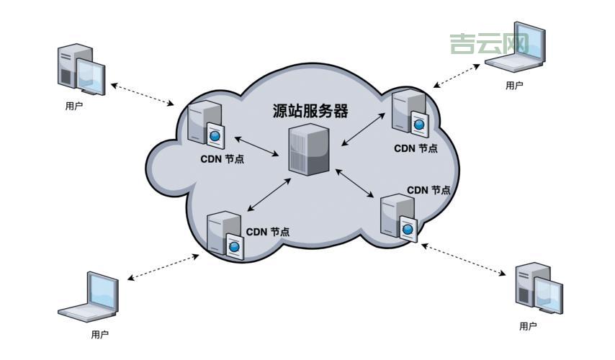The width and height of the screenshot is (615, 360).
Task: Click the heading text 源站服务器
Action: point(310,111)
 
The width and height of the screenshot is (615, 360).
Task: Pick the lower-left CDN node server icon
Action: point(224,234)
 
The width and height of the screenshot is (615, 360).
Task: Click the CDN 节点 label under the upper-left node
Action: point(222,159)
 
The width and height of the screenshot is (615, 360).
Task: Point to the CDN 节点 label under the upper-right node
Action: point(416,148)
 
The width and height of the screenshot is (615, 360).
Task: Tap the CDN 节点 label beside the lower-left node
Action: point(268,232)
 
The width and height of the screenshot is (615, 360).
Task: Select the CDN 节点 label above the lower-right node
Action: point(428,190)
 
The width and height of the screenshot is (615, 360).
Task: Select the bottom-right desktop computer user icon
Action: point(539,289)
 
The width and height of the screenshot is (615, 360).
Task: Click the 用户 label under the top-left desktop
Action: point(73,106)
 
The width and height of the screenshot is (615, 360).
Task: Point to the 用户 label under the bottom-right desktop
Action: point(528,326)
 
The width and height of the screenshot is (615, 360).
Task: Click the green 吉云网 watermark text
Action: point(489,44)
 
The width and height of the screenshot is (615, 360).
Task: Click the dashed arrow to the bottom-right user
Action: point(464,260)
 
